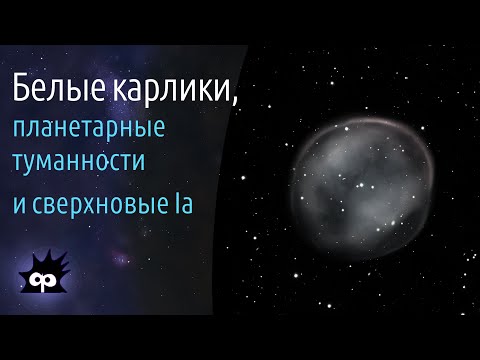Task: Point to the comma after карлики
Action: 239,101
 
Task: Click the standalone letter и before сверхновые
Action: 20,205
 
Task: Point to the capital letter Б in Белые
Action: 22,91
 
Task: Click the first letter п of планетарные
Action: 20,131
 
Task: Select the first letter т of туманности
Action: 19,165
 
